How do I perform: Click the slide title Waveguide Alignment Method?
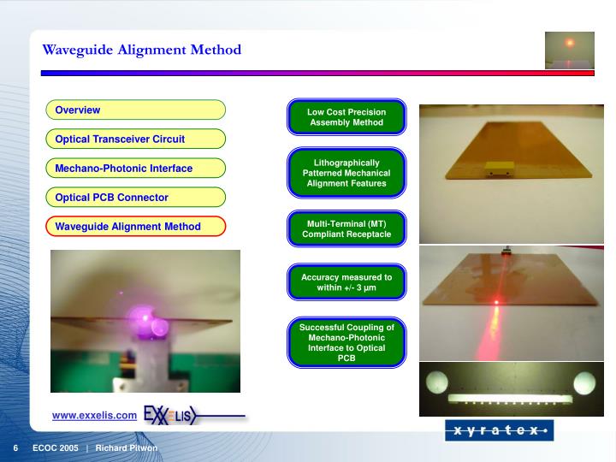tap(142, 50)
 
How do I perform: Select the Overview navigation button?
tap(135, 110)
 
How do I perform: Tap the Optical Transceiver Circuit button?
tap(135, 139)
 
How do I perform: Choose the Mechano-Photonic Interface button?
tap(135, 169)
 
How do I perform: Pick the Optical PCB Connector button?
tap(135, 198)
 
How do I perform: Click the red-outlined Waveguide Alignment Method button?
tap(135, 227)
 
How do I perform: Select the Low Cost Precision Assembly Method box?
tap(346, 117)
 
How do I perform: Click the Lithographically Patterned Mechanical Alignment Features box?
tap(346, 172)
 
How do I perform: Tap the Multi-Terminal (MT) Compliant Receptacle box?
tap(346, 228)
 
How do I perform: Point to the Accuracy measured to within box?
tap(346, 282)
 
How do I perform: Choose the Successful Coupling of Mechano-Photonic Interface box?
tap(346, 342)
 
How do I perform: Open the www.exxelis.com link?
tap(94, 416)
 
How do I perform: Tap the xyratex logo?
tap(498, 430)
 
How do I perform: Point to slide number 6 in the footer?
tap(15, 448)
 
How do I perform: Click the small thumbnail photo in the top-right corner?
tap(569, 49)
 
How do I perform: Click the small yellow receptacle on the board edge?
tap(496, 169)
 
